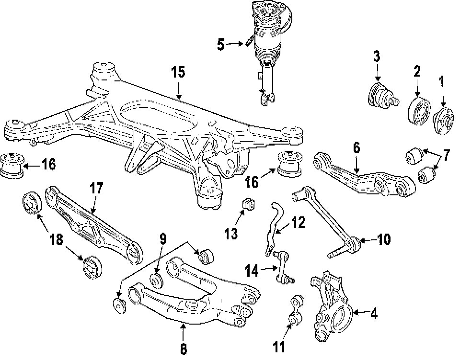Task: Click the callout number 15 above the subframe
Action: click(178, 73)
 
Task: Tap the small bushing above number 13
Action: click(249, 204)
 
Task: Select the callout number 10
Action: click(384, 239)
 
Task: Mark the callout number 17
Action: click(96, 188)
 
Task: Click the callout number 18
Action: click(57, 240)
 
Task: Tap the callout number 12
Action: click(298, 223)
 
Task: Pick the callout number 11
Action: click(279, 346)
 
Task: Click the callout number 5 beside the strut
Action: click(220, 45)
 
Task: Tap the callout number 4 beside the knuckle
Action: click(374, 315)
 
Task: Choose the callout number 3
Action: click(377, 57)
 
